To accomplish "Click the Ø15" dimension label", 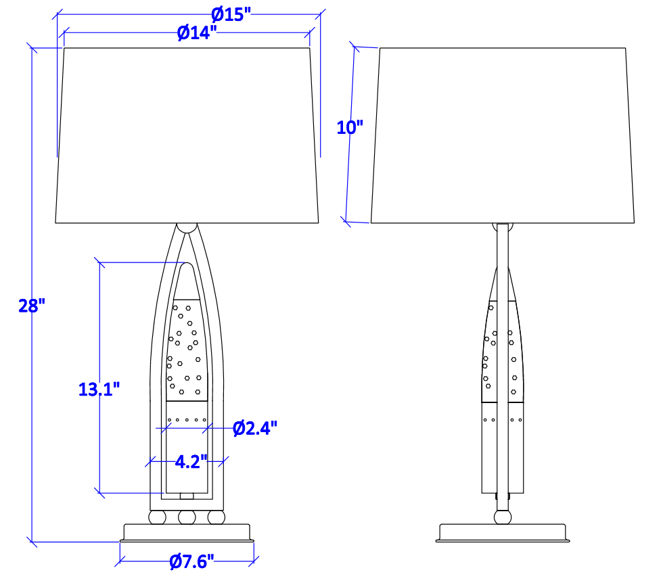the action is tap(231, 15).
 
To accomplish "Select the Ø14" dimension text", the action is tap(197, 32).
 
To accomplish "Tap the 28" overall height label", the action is tap(32, 306).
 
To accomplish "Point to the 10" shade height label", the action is tap(350, 127).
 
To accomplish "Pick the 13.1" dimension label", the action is tap(99, 389).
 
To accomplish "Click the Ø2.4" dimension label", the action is tap(255, 429).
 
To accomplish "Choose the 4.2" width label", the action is tap(191, 462).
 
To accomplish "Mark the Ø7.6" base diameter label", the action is tap(192, 561).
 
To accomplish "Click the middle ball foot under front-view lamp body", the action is tap(187, 517).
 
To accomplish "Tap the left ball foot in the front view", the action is tap(157, 517).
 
